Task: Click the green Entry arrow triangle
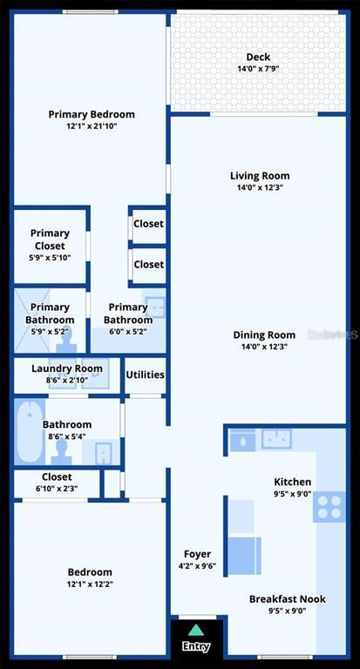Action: [195, 630]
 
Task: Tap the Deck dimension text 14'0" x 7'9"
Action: [258, 68]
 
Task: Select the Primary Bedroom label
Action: [92, 114]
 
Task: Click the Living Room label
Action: [260, 176]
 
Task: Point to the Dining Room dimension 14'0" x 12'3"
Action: [264, 347]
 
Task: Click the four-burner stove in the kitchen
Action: [329, 507]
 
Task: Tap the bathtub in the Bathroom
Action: [30, 432]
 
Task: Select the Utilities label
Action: [146, 375]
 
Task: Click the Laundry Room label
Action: [67, 368]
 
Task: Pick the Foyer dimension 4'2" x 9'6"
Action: [197, 566]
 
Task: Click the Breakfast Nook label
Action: [288, 598]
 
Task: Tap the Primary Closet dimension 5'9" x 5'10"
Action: [50, 258]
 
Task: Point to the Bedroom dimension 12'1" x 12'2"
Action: [90, 585]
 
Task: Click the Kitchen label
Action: [293, 482]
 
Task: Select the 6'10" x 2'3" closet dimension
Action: [57, 489]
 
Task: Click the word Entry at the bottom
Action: [196, 646]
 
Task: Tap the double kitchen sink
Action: [276, 439]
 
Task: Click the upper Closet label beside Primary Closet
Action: [148, 224]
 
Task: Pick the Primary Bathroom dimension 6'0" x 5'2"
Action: [127, 332]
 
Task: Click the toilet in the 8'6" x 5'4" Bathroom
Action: [61, 452]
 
